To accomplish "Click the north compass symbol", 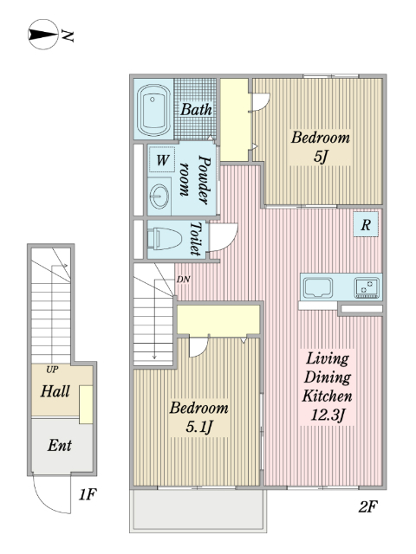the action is (42, 35).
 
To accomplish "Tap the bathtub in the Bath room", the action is (153, 110).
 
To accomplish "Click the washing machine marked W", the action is (162, 159).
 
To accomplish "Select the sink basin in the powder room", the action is (159, 196).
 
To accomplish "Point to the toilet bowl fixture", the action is (164, 239).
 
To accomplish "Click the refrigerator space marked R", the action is (366, 224).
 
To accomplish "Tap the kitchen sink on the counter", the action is (318, 287).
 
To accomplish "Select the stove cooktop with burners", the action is (367, 287).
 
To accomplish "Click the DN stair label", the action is (183, 279).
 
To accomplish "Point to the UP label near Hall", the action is (52, 370).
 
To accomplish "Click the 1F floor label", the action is (88, 494).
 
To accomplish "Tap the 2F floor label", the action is (367, 506).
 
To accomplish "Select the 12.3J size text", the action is (328, 415).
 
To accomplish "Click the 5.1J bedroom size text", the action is (199, 427).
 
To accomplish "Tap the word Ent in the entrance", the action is (60, 445).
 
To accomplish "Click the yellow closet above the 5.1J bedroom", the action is (218, 319).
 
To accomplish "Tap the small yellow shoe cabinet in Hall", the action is (86, 404).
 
